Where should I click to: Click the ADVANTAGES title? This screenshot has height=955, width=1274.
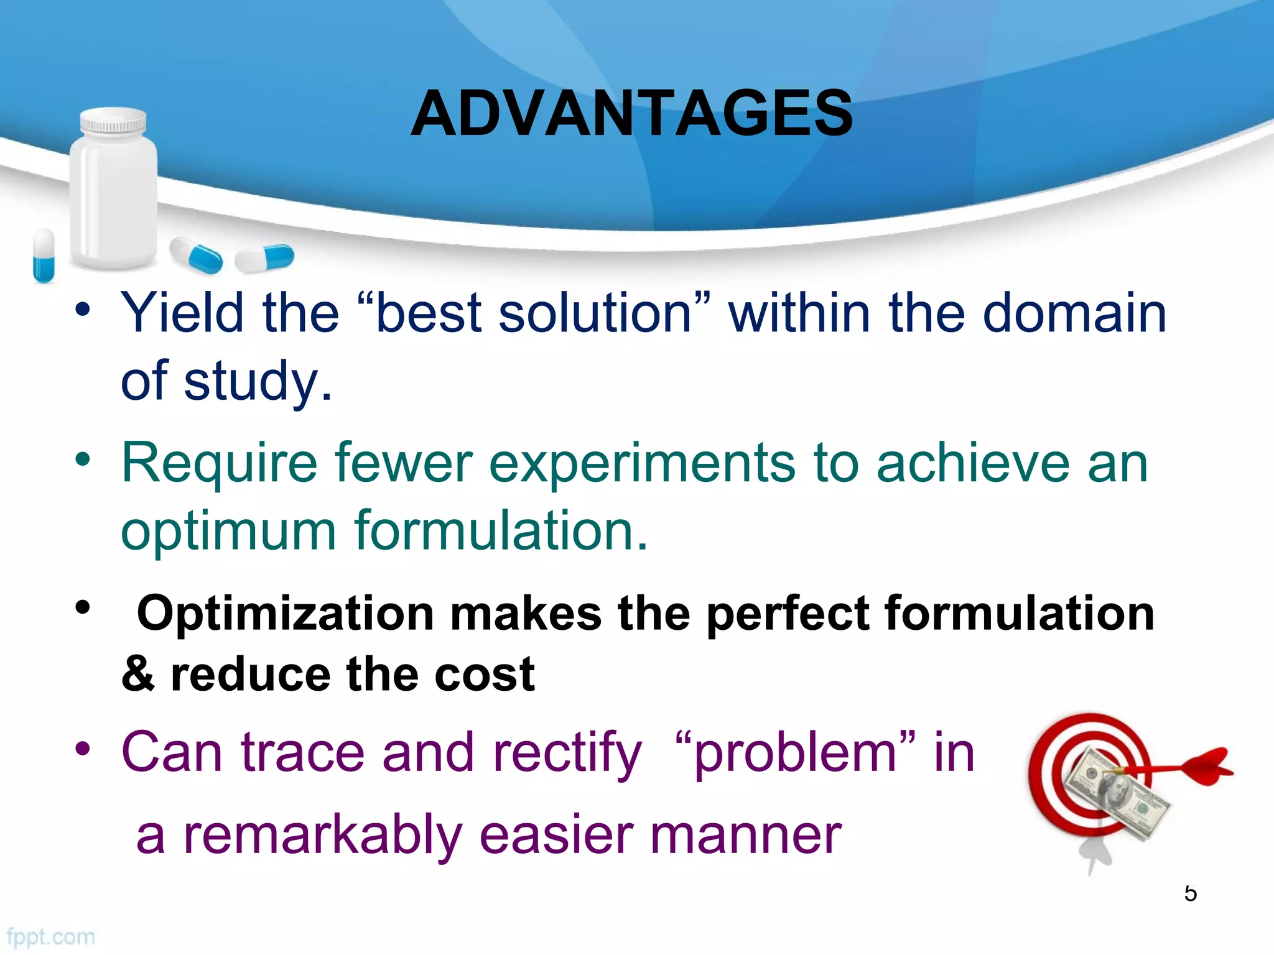point(631,113)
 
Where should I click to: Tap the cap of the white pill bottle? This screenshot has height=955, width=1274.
point(113,122)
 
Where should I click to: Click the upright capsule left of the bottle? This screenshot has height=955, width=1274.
point(44,255)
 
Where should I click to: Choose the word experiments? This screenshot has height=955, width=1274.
point(641,463)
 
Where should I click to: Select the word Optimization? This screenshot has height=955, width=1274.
point(285,614)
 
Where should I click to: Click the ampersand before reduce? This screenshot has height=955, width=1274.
point(138,674)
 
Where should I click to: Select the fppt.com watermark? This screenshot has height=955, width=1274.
point(51,936)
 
